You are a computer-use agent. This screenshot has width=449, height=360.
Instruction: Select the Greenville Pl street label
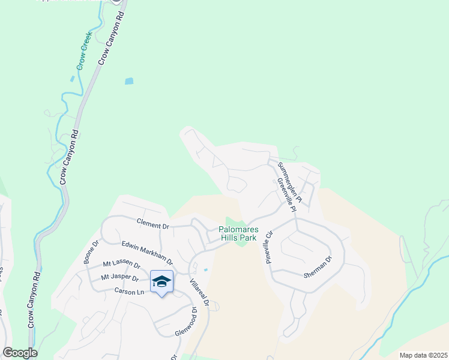286,195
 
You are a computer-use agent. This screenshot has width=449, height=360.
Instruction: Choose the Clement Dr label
153,226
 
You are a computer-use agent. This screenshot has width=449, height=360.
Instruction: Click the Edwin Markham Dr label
147,253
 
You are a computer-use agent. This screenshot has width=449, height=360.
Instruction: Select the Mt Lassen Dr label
121,265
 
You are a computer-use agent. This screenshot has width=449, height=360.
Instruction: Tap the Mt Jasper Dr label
120,278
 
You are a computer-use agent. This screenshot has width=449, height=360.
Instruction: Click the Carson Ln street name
130,292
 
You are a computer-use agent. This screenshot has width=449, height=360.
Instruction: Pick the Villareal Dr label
199,293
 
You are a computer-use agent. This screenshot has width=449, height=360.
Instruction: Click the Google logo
20,353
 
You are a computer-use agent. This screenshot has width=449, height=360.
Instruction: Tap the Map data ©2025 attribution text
423,355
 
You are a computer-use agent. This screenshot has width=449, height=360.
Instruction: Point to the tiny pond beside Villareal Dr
206,270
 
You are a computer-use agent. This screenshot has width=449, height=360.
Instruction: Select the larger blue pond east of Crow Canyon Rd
128,81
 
